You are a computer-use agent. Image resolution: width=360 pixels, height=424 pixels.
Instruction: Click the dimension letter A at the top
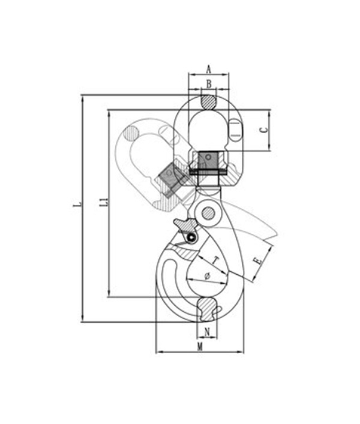tap(208, 70)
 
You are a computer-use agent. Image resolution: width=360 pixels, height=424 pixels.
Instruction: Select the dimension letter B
tap(209, 84)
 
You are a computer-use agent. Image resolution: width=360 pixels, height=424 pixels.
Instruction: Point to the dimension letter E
tap(258, 261)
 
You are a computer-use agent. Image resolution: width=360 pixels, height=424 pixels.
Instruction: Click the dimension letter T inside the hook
tap(215, 261)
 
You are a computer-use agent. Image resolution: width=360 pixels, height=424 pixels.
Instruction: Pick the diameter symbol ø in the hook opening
tap(207, 276)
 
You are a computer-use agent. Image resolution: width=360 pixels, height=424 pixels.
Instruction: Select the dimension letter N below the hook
tap(207, 332)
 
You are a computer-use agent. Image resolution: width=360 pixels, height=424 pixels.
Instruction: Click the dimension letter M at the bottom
tap(200, 347)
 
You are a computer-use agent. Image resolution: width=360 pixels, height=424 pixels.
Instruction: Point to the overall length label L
tap(77, 204)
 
